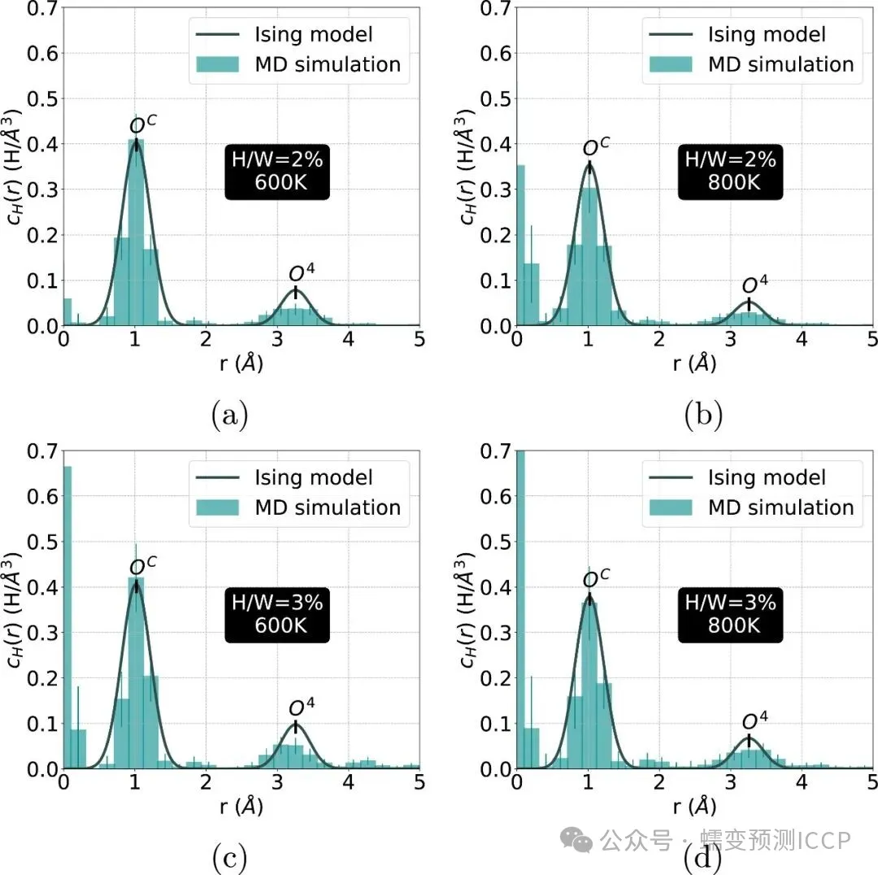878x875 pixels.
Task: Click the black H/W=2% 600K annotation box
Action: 277,171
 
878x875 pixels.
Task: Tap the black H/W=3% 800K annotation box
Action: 730,613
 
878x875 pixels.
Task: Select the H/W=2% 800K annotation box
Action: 730,171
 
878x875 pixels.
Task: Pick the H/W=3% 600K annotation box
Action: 277,613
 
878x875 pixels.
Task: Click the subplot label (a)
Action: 230,416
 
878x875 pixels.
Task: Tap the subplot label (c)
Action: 230,857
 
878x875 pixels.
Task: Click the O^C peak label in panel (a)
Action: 143,125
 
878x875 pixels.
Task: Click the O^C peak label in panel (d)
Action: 596,578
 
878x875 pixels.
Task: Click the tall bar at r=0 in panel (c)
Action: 67,618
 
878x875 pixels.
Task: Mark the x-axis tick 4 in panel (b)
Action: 801,339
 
